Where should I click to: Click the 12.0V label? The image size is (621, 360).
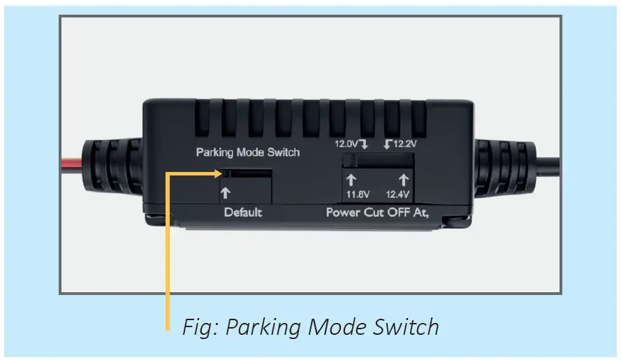pos(345,145)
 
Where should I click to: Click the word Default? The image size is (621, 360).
pos(243,213)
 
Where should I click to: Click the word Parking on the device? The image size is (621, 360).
pos(216,152)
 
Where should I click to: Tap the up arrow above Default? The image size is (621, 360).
pos(226,193)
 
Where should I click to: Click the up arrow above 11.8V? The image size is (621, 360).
pos(352,180)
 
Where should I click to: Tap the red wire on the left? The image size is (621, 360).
pos(71,166)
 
